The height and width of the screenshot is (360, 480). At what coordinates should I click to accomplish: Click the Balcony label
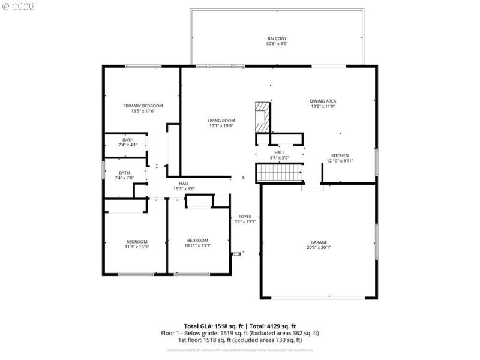point(277,38)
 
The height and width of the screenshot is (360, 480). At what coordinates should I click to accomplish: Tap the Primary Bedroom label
point(143,106)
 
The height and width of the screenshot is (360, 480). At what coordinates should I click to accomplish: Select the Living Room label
point(221,121)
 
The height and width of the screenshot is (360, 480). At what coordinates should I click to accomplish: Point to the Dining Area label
point(322,101)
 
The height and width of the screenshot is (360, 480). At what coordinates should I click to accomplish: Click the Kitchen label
point(340,155)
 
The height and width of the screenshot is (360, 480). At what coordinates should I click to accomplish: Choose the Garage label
point(319,242)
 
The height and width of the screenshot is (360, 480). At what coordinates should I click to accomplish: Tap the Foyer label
point(245,217)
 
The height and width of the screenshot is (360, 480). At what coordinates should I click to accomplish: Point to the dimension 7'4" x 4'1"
point(128,145)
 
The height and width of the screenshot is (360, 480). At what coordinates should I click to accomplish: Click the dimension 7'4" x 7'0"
point(128,178)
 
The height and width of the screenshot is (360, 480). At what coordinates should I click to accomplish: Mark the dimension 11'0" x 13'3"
point(136,246)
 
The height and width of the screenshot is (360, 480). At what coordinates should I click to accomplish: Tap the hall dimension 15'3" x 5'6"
point(184,189)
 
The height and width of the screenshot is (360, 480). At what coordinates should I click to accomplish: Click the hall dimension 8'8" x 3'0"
point(280,158)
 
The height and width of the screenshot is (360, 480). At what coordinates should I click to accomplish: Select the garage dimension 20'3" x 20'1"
point(319,247)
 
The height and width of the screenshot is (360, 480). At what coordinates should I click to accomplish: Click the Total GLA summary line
point(240,325)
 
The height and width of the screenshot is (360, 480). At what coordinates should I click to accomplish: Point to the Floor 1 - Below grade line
point(240,332)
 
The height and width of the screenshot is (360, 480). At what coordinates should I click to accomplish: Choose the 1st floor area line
point(240,340)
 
